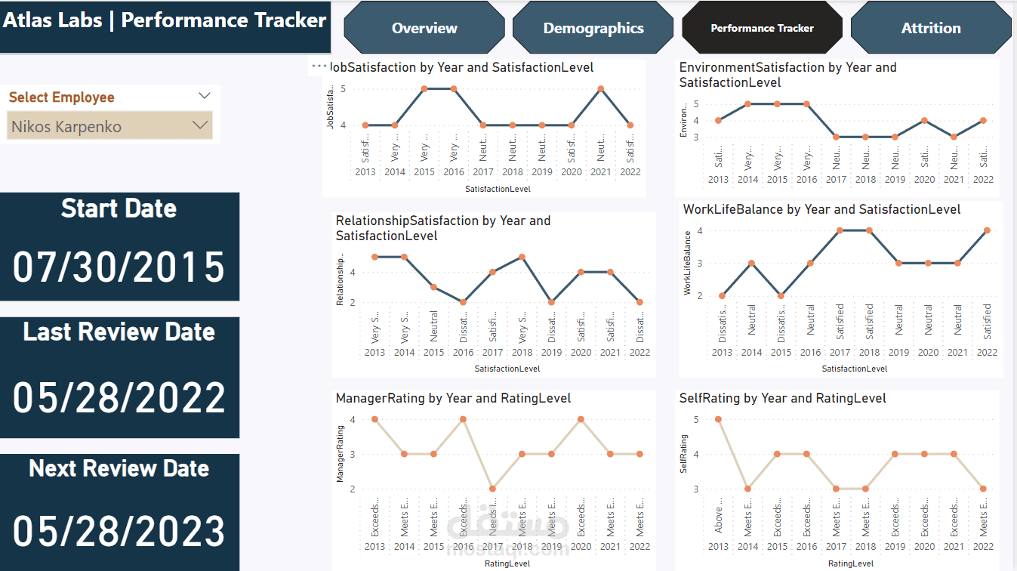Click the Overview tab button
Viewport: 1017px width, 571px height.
424,28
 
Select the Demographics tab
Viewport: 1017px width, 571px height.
593,28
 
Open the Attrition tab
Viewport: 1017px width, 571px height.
931,28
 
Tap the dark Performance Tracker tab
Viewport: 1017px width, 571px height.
762,28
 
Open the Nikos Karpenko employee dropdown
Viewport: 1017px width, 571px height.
109,126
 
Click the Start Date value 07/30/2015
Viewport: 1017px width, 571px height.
119,267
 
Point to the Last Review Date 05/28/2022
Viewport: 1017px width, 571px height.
119,397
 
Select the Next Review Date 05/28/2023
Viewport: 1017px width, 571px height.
119,530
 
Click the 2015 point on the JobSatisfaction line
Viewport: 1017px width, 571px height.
424,88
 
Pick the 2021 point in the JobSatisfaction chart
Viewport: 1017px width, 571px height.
600,88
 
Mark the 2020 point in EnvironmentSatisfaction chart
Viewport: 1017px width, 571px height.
924,120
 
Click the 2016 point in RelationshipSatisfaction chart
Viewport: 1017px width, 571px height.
463,302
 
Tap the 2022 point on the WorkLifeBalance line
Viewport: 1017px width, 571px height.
987,230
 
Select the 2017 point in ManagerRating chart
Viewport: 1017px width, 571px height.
492,489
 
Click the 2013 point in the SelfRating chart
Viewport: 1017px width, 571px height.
718,419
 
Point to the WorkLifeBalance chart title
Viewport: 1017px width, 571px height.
821,209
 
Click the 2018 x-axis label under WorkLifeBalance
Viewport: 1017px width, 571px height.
869,352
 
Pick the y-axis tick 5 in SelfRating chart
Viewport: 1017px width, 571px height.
695,419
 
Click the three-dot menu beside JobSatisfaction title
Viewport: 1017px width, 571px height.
319,66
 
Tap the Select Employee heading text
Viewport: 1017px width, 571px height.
62,97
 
